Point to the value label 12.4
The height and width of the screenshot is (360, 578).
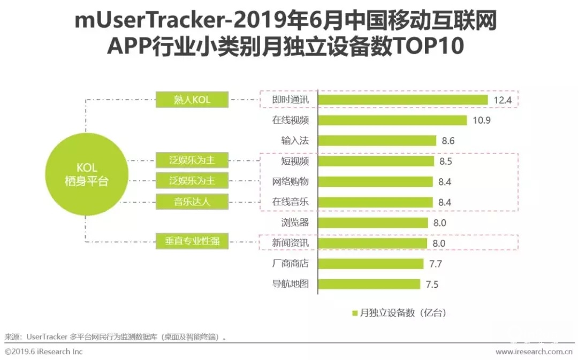[x=503, y=100]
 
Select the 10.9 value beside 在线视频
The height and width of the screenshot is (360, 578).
[x=482, y=120]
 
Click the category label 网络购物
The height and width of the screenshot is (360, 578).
[x=291, y=181]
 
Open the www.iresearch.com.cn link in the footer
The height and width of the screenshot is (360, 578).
[x=534, y=351]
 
